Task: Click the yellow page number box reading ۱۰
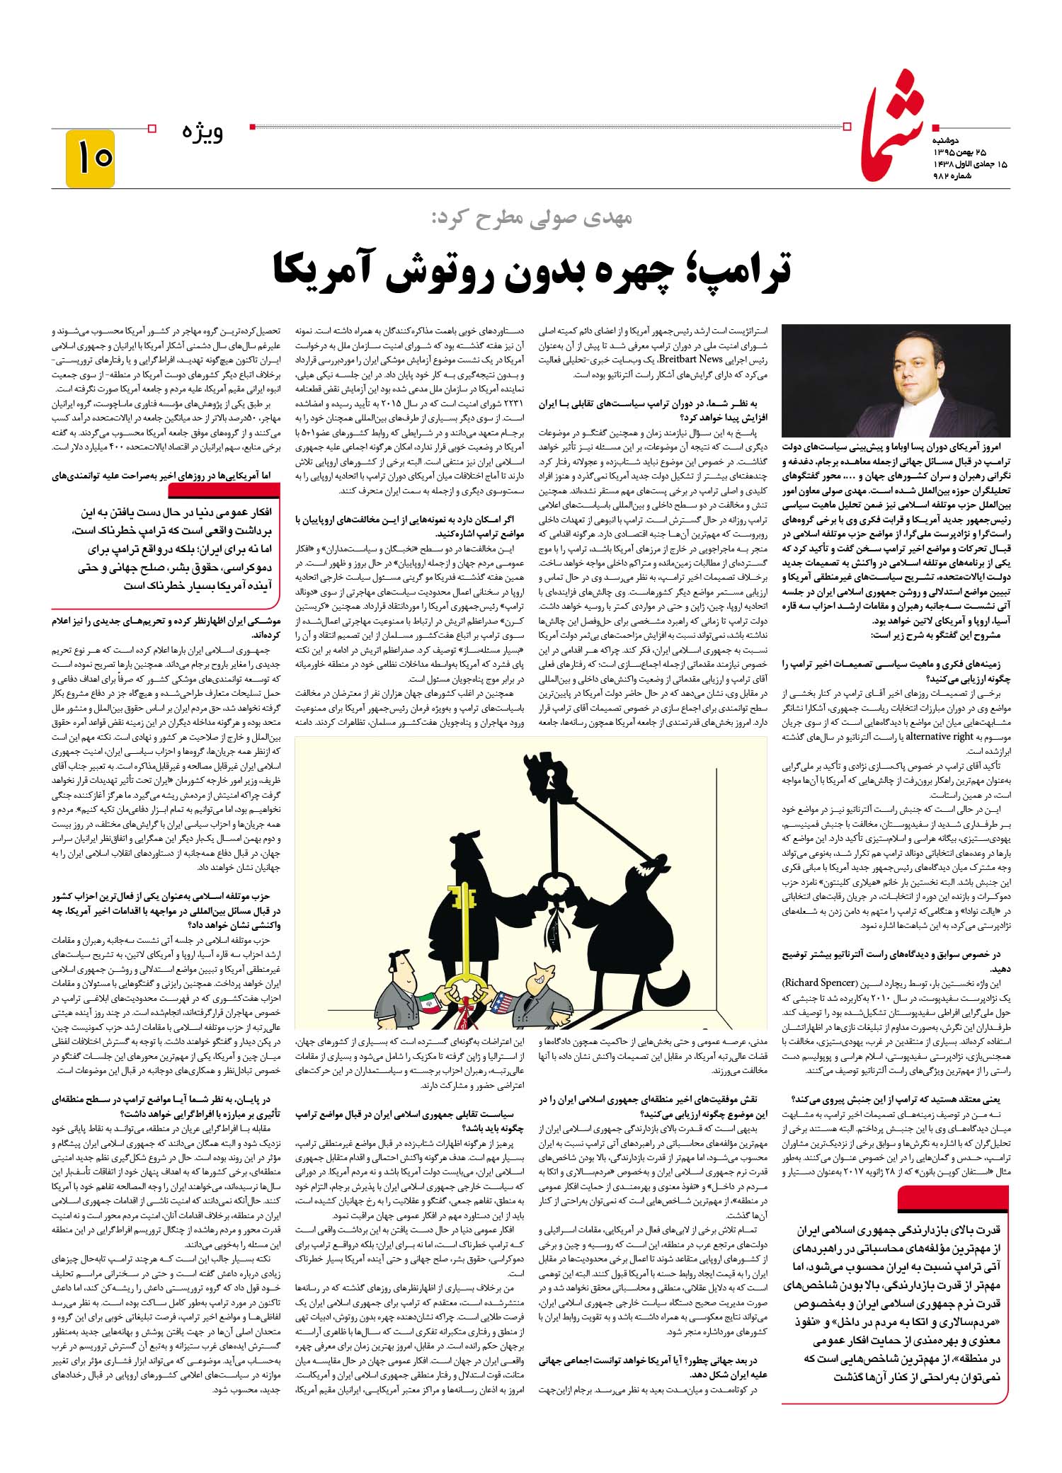click(x=91, y=157)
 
